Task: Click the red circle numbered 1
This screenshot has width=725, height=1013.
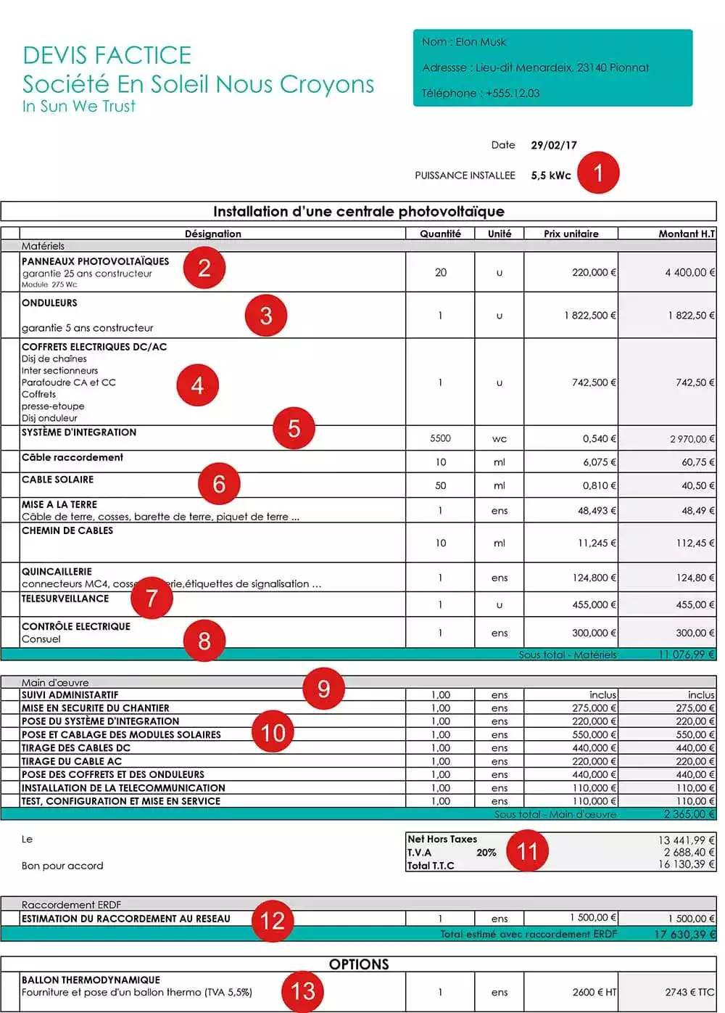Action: (598, 173)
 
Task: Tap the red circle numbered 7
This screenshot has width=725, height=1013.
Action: (152, 597)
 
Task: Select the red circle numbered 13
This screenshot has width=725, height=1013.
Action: (303, 991)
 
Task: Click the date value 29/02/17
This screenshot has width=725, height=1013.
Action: (553, 145)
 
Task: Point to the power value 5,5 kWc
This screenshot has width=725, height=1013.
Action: (550, 176)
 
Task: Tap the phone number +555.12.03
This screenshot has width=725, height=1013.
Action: (513, 93)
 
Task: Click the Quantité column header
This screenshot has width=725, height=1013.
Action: (440, 234)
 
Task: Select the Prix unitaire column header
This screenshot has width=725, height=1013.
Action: (571, 234)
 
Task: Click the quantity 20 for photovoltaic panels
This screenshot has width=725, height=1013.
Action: (440, 272)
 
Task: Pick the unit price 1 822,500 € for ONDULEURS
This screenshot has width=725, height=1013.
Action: (589, 315)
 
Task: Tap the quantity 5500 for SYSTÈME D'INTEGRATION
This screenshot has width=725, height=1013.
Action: (440, 438)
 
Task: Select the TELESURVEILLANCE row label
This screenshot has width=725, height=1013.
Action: (65, 599)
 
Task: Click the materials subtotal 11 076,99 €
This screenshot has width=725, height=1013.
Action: (686, 655)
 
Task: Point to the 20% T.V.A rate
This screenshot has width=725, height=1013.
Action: (486, 853)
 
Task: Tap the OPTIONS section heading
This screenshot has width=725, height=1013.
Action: (359, 964)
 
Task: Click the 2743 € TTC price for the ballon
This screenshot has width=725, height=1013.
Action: (689, 992)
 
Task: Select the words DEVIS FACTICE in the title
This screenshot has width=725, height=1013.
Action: (107, 55)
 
